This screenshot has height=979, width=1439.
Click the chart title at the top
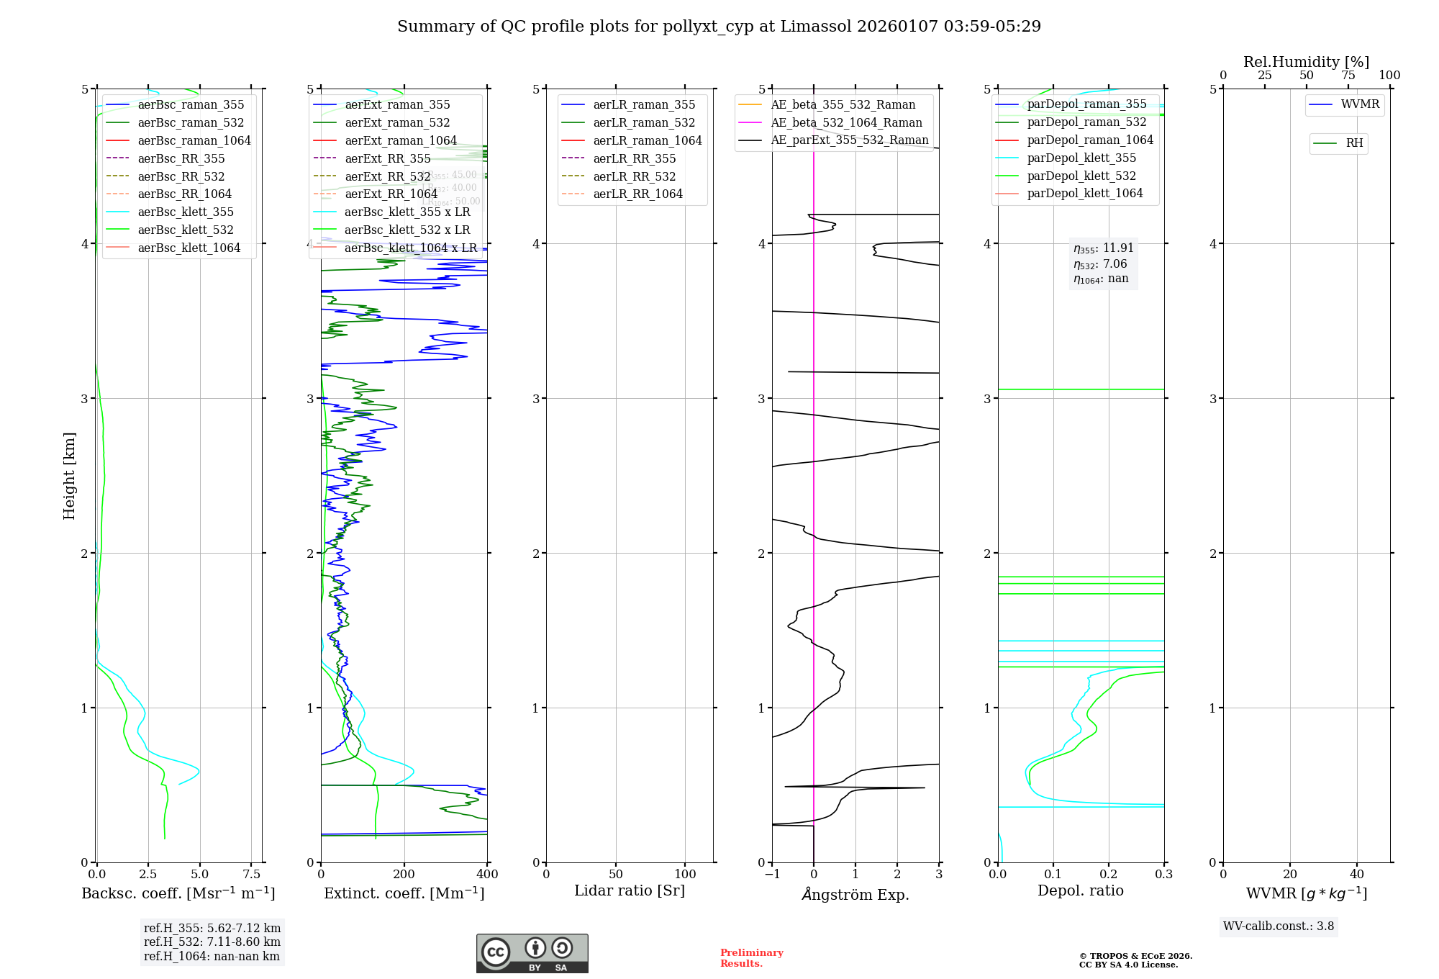coord(719,27)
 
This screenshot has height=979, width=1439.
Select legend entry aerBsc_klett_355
coord(186,212)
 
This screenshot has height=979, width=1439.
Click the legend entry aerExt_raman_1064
coord(401,140)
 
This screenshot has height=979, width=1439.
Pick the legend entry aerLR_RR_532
coord(635,176)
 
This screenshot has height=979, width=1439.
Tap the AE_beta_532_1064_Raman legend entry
coord(846,122)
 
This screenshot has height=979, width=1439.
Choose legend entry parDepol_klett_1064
coord(1085,193)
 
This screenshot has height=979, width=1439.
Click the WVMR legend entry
coord(1360,104)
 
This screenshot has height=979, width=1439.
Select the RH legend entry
coord(1354,143)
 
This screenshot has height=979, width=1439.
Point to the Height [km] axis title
coord(69,475)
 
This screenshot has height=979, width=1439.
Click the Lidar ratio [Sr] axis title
coord(630,890)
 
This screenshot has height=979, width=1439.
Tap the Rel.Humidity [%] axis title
coord(1306,62)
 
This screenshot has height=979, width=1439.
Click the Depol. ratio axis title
coord(1080,890)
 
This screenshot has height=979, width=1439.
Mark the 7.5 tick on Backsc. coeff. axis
coord(252,874)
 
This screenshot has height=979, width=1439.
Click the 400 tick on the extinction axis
coord(487,874)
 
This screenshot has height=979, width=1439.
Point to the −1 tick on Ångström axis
coord(772,874)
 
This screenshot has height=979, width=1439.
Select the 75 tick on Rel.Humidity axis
coord(1348,76)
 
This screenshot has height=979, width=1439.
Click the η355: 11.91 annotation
coord(1104,248)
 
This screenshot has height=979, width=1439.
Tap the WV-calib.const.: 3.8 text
coord(1279,926)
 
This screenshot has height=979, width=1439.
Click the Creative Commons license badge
coord(532,953)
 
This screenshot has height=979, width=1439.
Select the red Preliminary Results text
coord(751,957)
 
